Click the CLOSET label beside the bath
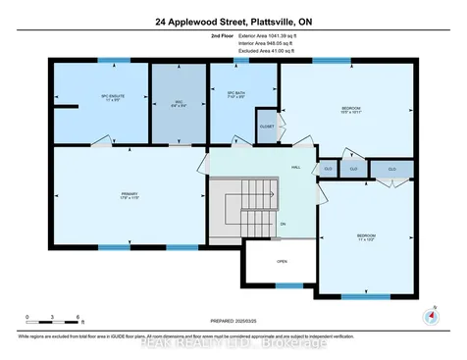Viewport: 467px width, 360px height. pyautogui.click(x=267, y=127)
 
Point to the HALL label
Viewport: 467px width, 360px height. pyautogui.click(x=295, y=167)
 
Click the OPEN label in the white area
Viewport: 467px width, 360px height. pyautogui.click(x=281, y=261)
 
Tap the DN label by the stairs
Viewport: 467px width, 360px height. pyautogui.click(x=283, y=224)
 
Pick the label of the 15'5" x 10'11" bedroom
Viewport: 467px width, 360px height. pyautogui.click(x=350, y=108)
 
